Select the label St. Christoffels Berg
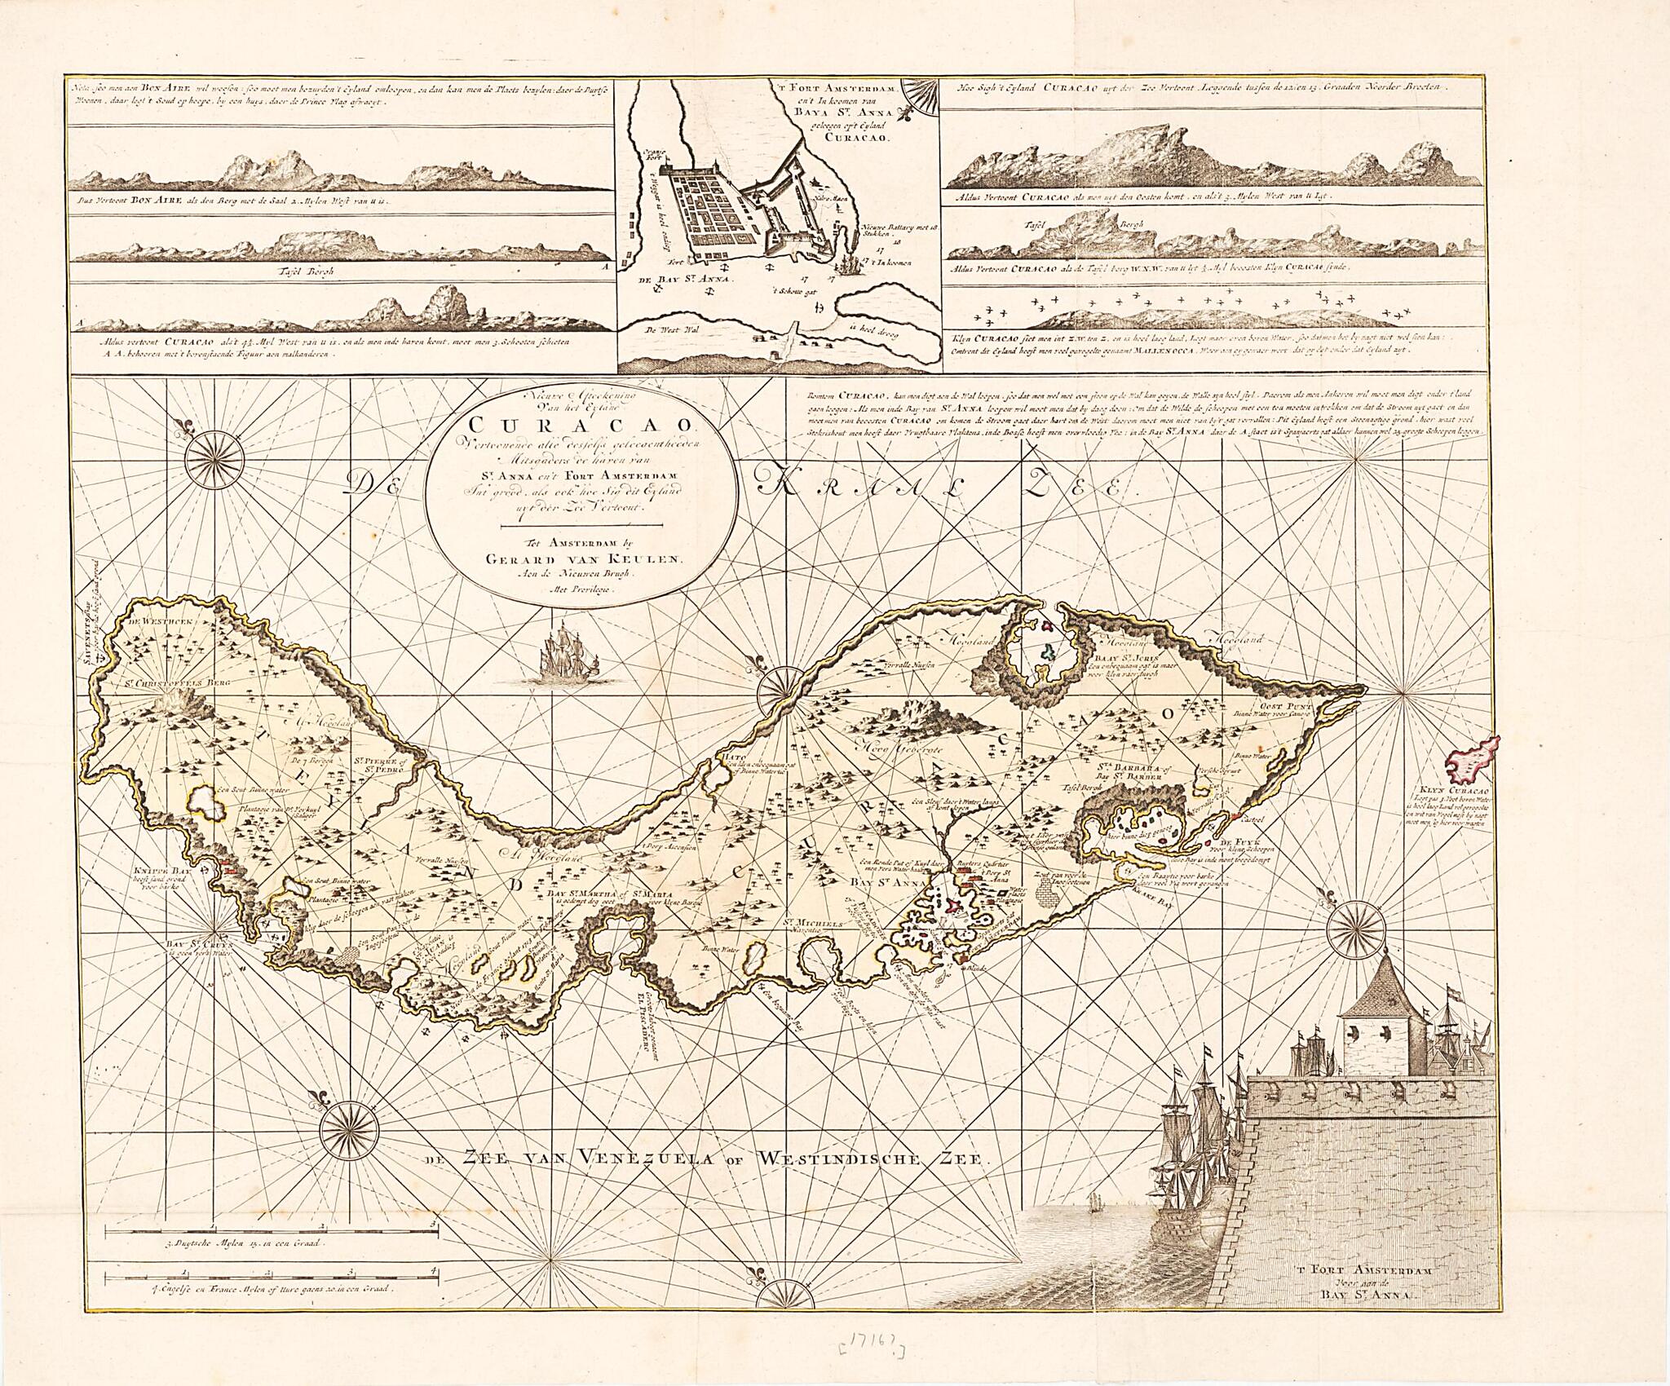click(174, 682)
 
